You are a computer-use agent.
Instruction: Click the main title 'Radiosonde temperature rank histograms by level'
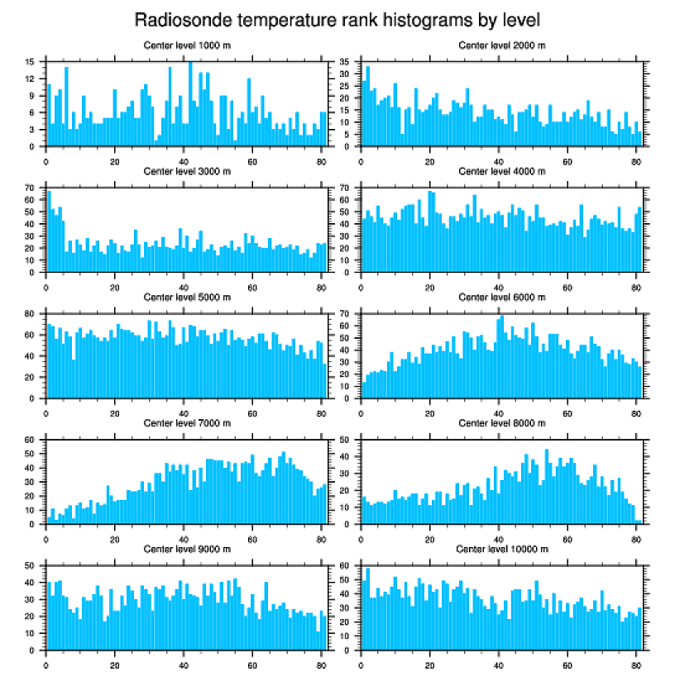(337, 19)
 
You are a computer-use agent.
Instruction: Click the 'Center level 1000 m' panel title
(187, 45)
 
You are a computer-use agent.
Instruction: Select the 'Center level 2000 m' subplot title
(501, 45)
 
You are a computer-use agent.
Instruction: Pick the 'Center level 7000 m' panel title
(187, 423)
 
